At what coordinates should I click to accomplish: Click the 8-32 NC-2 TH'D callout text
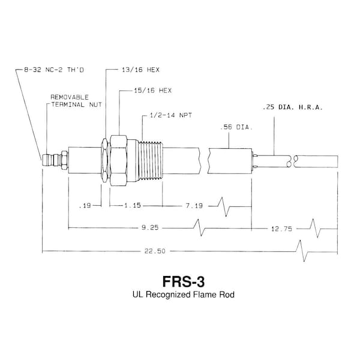coord(54,70)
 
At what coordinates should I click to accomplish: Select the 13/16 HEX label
coord(140,70)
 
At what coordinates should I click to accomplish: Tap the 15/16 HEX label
coord(153,91)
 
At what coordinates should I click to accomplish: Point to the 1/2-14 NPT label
coord(170,115)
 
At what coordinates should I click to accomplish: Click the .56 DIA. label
coord(236,127)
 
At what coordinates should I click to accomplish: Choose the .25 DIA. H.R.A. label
coord(293,107)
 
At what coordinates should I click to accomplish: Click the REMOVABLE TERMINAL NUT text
coord(76,101)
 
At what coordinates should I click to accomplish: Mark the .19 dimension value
coord(85,205)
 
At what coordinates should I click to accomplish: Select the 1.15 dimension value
coord(133,205)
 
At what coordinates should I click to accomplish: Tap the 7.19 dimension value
coord(194,205)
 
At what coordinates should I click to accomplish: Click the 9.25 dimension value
coord(150,227)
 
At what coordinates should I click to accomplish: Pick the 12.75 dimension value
coord(282,229)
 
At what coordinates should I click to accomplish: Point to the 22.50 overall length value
coord(155,251)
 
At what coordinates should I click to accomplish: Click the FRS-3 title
coord(183,281)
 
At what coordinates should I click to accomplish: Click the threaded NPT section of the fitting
coord(151,160)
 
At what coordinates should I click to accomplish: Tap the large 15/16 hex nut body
coord(118,160)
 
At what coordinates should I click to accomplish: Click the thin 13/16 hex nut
coord(104,160)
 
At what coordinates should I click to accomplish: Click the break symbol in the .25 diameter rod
coord(292,161)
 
